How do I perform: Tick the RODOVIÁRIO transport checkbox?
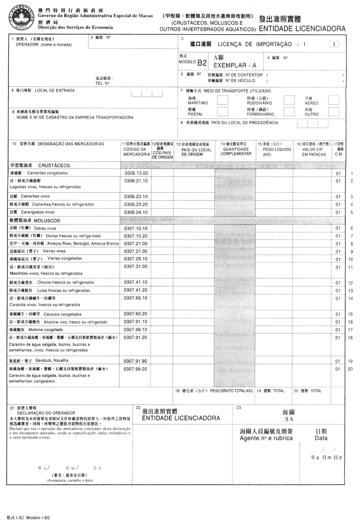click(289, 100)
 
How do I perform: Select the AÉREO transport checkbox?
click(342, 100)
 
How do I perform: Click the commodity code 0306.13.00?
click(135, 173)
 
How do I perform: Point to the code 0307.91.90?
click(135, 361)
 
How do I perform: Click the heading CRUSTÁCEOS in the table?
click(54, 165)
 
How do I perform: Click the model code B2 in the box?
click(202, 63)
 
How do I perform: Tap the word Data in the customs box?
click(321, 438)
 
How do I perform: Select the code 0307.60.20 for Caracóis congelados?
click(135, 314)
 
